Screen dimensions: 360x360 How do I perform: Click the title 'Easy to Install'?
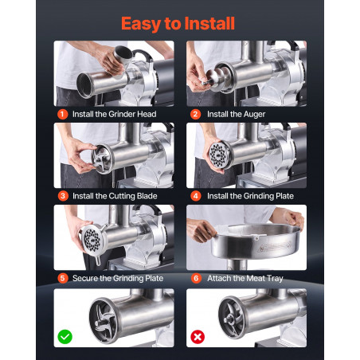[178, 24]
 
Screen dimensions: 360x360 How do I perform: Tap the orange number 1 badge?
[62, 114]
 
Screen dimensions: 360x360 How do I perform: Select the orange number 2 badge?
[195, 114]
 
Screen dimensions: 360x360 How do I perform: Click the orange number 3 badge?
[63, 196]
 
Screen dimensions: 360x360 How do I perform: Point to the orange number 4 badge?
[196, 196]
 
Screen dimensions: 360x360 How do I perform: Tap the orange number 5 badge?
[63, 278]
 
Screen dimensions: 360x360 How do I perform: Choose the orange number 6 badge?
[196, 278]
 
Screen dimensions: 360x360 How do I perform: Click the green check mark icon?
[65, 337]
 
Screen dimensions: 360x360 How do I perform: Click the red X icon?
[198, 337]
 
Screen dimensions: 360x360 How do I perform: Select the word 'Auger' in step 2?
[254, 115]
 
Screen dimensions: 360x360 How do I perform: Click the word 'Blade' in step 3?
[147, 196]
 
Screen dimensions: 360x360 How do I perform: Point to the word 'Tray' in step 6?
[275, 279]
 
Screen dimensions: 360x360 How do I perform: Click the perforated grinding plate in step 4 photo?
[220, 155]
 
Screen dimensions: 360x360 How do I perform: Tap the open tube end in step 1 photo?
[84, 85]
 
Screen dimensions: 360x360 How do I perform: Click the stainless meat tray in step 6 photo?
[254, 241]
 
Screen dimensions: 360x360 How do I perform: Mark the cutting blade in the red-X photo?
[232, 317]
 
